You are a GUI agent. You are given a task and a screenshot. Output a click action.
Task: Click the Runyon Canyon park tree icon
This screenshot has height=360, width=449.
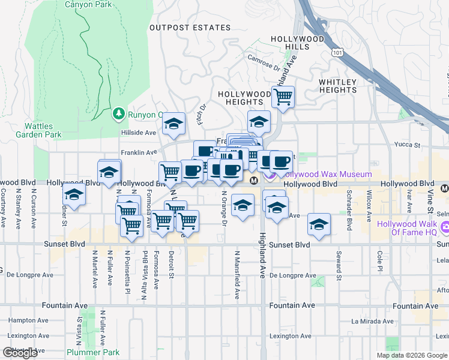point(119,114)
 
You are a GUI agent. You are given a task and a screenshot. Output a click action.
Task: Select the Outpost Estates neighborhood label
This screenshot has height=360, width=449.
point(190,28)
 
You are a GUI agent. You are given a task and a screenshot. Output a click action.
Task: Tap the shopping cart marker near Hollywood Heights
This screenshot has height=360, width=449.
point(283,96)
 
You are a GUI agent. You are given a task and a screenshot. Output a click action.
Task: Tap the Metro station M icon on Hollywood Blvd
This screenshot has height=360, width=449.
point(254,180)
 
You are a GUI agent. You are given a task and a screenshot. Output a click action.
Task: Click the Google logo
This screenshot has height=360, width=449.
point(20,353)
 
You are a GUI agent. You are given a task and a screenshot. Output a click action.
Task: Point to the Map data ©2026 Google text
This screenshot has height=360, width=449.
point(411,355)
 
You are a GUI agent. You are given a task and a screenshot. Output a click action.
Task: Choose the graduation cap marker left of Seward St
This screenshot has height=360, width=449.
point(319,225)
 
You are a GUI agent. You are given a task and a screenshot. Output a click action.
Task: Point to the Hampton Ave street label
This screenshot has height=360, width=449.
point(23,320)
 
